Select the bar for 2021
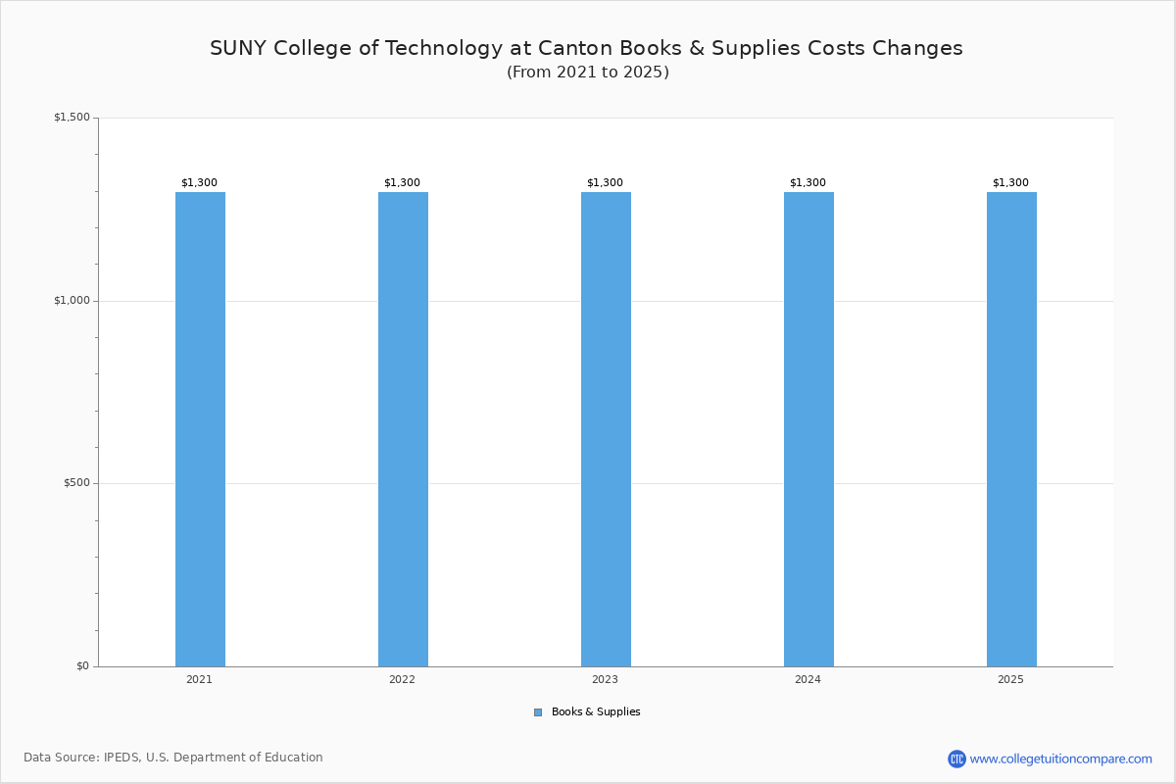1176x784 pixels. (200, 429)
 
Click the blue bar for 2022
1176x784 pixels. (403, 429)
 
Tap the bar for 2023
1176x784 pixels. (606, 429)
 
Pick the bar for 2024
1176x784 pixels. (808, 429)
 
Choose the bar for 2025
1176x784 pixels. (1011, 429)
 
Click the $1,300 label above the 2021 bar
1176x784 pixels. (199, 183)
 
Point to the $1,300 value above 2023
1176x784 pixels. (605, 183)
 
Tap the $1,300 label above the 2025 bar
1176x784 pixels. (1010, 183)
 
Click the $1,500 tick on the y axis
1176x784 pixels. (72, 118)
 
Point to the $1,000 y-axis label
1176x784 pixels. (72, 301)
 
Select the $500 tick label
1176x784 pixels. (75, 483)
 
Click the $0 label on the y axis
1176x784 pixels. (81, 666)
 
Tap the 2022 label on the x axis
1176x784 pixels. (402, 679)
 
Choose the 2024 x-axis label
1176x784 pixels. (808, 679)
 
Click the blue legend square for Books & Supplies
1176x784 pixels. (538, 712)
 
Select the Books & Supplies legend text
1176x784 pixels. (596, 712)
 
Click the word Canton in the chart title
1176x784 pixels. (578, 48)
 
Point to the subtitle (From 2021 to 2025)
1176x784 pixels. (588, 73)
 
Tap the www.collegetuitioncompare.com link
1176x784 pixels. (1060, 759)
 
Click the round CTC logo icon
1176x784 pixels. (956, 759)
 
